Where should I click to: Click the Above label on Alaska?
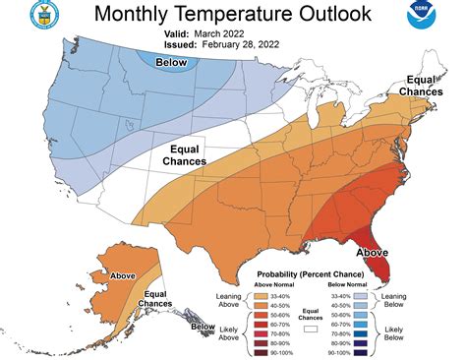pos(124,276)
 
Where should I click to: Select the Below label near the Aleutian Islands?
pos(203,327)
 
